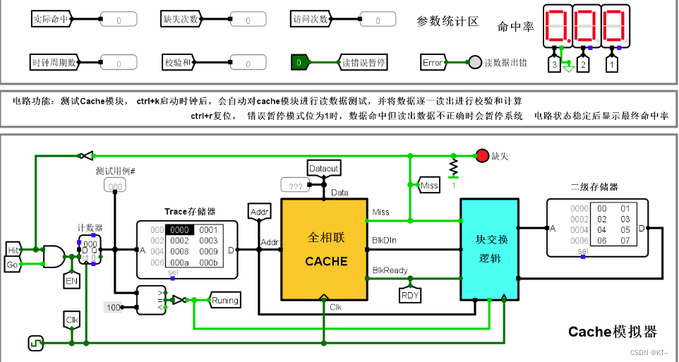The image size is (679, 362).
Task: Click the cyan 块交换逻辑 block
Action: coord(489,248)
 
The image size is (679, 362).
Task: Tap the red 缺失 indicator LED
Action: coord(481,155)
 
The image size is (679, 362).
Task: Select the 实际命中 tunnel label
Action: coord(51,19)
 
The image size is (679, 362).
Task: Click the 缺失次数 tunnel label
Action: coord(180,19)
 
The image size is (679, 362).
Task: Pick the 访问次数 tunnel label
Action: coord(311,19)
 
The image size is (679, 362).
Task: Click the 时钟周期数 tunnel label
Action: coord(51,63)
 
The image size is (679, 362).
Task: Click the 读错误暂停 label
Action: coord(363,63)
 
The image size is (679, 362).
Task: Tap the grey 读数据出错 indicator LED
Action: coord(475,63)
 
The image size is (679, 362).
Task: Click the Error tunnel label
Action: coord(433,63)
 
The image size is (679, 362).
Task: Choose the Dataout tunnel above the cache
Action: coord(324,169)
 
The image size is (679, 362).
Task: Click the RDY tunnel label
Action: coord(410,295)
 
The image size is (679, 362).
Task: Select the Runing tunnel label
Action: coord(225,301)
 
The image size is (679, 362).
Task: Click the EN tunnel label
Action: coord(71,281)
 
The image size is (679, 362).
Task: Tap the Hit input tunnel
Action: coord(13,250)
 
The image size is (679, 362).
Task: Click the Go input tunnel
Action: coord(13,265)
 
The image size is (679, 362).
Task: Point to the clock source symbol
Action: coord(35,344)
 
